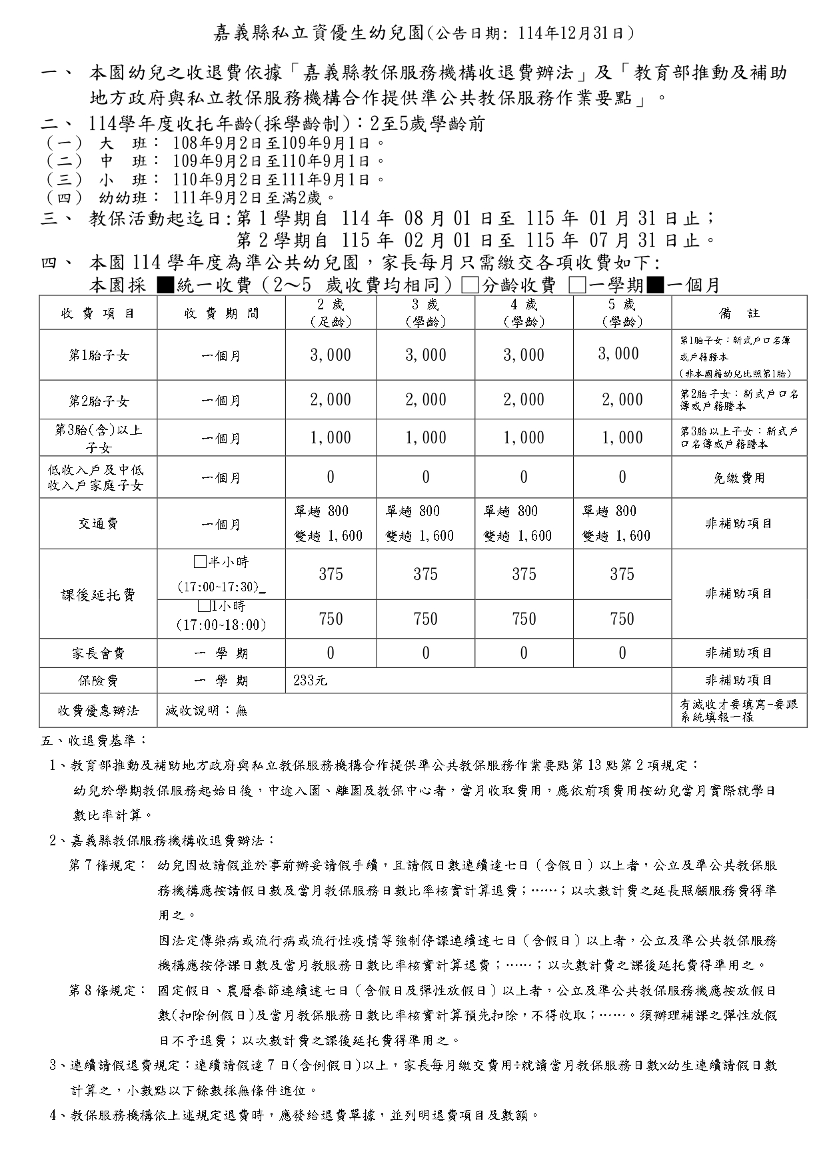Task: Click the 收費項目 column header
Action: tap(98, 313)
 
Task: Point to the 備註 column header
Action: tap(739, 313)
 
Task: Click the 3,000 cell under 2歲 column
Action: tap(331, 355)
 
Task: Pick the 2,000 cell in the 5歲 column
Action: tap(622, 400)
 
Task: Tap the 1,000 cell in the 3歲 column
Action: tap(426, 438)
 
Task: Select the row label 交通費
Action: tap(98, 524)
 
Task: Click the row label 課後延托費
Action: tap(98, 595)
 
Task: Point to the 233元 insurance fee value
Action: tap(311, 681)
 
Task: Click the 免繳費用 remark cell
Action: tap(739, 478)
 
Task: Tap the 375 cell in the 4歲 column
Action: tap(524, 575)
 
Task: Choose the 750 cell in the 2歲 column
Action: tap(331, 619)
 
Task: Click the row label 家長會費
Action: tap(98, 654)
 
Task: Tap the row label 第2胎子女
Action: tap(98, 401)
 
